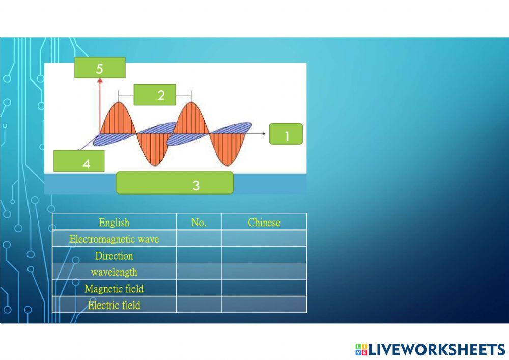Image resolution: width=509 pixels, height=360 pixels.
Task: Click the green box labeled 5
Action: click(x=100, y=68)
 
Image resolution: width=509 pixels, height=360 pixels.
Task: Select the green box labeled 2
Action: click(x=155, y=95)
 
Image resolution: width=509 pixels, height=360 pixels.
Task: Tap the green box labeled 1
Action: click(x=286, y=134)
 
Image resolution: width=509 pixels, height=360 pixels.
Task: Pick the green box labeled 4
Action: click(x=79, y=161)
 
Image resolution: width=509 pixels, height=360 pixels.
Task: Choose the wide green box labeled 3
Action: click(x=175, y=183)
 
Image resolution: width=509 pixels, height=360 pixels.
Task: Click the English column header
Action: click(x=114, y=223)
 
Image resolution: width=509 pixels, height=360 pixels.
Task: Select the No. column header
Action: click(x=199, y=223)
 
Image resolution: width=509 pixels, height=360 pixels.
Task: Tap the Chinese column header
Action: click(x=264, y=223)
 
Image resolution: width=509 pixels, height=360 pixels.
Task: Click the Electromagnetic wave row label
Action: click(x=114, y=239)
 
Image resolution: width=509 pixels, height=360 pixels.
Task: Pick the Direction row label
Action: click(x=114, y=256)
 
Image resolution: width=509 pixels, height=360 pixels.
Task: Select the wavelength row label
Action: click(x=114, y=272)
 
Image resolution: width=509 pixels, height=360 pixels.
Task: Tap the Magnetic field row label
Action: click(x=114, y=289)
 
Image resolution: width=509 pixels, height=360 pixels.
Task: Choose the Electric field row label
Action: click(x=114, y=305)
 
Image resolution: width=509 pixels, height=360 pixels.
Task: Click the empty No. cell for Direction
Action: click(x=199, y=256)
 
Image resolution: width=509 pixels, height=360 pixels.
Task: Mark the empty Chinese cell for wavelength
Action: click(x=264, y=272)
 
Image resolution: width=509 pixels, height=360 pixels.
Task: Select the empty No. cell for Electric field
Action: click(x=199, y=305)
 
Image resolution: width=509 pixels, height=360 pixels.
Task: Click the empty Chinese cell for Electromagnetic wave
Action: click(x=264, y=239)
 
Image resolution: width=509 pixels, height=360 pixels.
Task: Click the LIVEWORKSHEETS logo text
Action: click(x=437, y=349)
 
